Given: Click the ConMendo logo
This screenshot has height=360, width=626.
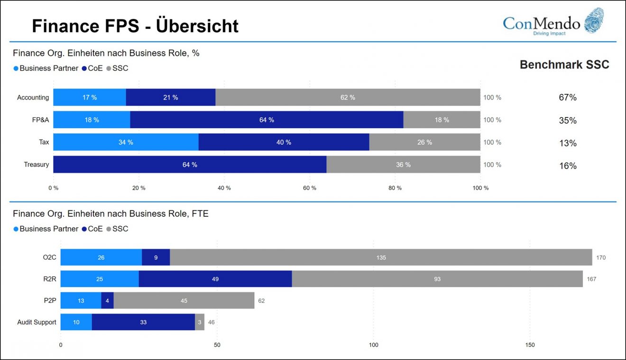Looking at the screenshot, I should pyautogui.click(x=553, y=22).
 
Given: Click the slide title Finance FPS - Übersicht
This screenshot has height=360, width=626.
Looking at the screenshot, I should pyautogui.click(x=135, y=26).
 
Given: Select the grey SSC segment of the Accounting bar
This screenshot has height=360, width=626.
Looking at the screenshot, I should pyautogui.click(x=348, y=97).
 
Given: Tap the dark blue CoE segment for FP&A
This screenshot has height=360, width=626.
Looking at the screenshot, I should pyautogui.click(x=267, y=120).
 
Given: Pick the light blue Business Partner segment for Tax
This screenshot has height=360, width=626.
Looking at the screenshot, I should pyautogui.click(x=126, y=142).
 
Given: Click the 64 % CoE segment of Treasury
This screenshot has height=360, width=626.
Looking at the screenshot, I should pyautogui.click(x=190, y=165).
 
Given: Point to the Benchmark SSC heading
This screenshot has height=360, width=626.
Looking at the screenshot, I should pyautogui.click(x=564, y=65).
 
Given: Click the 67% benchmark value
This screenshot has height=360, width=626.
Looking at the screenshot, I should pyautogui.click(x=567, y=98).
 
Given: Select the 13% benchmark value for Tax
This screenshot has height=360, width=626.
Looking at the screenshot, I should pyautogui.click(x=567, y=143).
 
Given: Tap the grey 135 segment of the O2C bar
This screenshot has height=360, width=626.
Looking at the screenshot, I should pyautogui.click(x=381, y=258).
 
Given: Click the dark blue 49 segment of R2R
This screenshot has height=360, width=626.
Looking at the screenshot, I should pyautogui.click(x=215, y=279).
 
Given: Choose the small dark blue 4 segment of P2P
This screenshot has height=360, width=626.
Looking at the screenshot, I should pyautogui.click(x=108, y=301).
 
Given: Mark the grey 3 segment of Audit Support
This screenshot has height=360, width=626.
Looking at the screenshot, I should pyautogui.click(x=200, y=323).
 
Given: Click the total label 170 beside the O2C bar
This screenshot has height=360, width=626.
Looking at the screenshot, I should pyautogui.click(x=600, y=258).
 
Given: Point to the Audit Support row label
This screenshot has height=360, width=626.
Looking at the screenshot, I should pyautogui.click(x=37, y=323).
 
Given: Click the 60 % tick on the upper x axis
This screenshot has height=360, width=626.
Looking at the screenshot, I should pyautogui.click(x=309, y=188).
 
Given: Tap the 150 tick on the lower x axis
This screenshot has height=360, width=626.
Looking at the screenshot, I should pyautogui.click(x=530, y=345).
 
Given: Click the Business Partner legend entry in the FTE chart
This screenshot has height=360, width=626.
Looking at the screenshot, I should pyautogui.click(x=46, y=229).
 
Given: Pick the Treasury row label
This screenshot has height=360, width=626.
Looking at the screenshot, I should pyautogui.click(x=37, y=165).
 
